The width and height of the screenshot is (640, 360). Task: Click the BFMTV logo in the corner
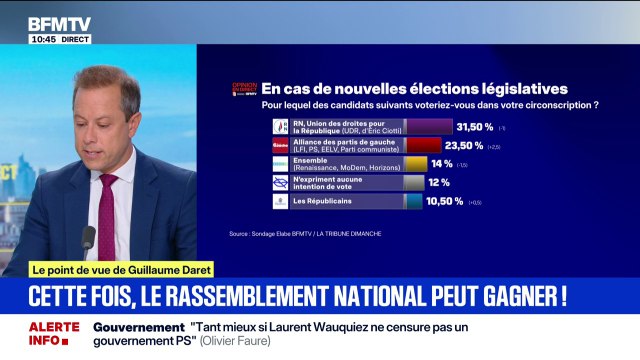click(58, 21)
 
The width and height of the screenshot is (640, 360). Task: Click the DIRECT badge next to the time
click(75, 39)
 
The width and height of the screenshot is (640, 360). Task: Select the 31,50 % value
click(475, 127)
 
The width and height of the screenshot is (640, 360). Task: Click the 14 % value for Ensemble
click(441, 163)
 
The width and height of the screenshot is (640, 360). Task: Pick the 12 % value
click(439, 182)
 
